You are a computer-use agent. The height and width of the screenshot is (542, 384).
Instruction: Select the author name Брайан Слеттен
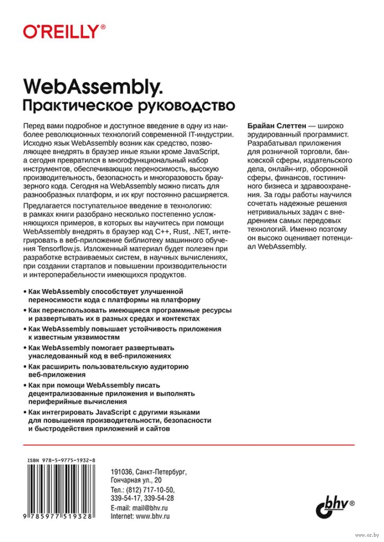point(276,125)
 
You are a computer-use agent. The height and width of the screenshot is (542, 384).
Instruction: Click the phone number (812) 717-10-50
point(151,490)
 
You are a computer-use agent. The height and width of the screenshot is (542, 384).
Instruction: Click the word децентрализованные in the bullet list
point(65,394)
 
